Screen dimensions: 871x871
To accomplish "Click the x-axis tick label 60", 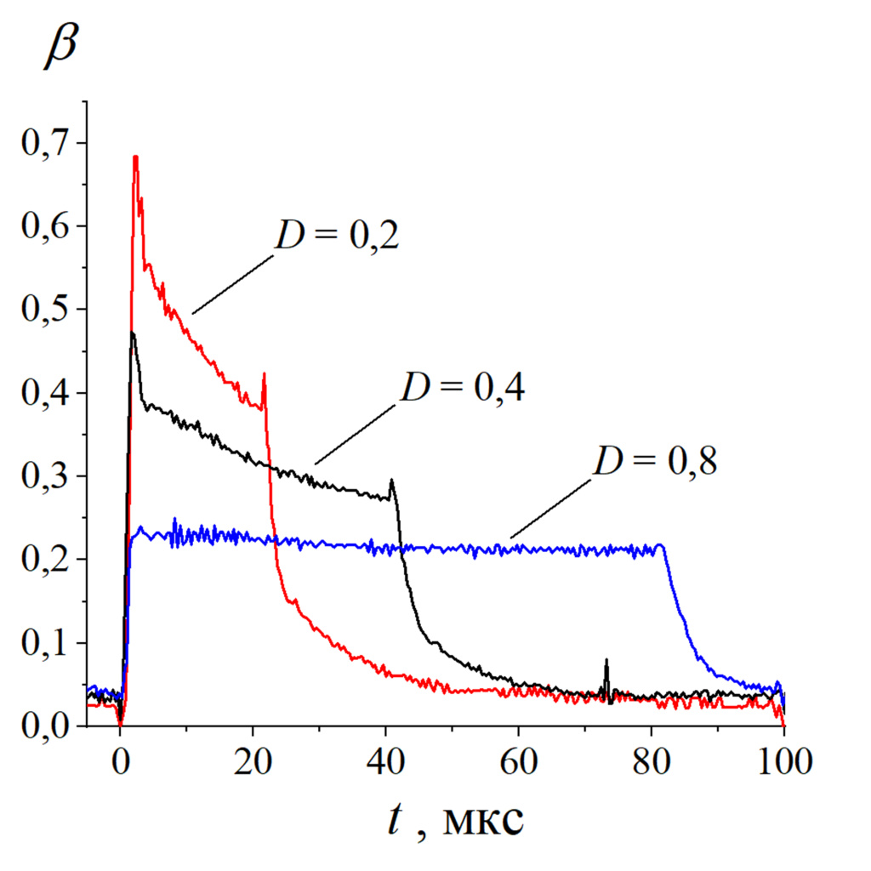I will tap(518, 757).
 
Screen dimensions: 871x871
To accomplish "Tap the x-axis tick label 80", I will tap(651, 757).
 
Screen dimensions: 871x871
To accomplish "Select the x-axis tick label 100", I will tap(783, 757).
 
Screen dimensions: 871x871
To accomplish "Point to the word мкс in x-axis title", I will tap(481, 822).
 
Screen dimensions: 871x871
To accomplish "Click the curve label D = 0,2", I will tap(337, 236).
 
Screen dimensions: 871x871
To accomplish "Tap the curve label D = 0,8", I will tap(656, 462).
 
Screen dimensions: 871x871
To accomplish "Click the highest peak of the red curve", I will tap(135, 157).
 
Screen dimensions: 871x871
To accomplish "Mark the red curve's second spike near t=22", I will tap(265, 373).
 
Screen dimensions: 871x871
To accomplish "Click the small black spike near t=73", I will tap(606, 660).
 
